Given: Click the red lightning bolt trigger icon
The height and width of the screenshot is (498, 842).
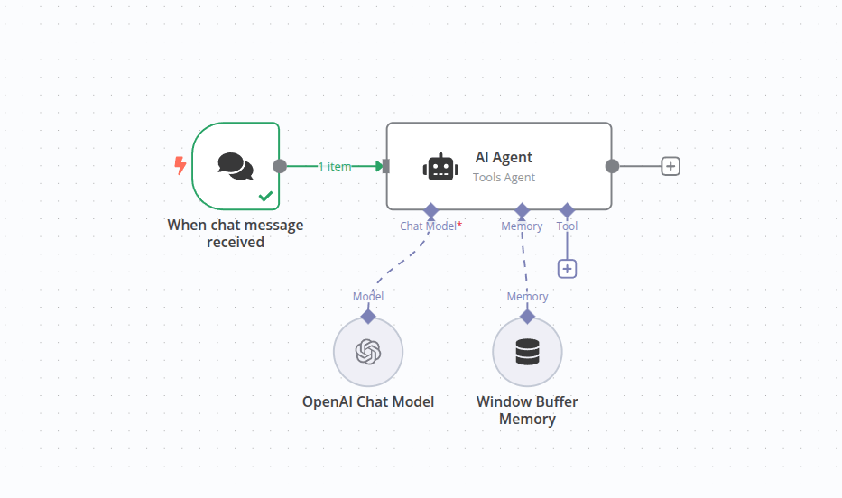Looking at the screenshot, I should tap(180, 166).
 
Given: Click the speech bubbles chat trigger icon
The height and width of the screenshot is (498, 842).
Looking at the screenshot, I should tap(236, 166).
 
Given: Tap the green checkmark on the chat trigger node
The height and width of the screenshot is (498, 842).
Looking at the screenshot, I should tap(265, 195).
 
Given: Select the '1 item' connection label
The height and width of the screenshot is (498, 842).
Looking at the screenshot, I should tap(334, 166).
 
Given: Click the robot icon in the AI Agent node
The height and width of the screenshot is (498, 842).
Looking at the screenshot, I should tap(440, 167).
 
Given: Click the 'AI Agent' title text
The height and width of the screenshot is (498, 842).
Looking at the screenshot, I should tap(504, 157).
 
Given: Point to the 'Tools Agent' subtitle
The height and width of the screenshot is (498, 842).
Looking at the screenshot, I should tap(504, 178).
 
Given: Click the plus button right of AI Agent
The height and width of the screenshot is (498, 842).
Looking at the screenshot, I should tap(670, 166).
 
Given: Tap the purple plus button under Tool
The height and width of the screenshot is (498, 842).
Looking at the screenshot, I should tap(567, 268).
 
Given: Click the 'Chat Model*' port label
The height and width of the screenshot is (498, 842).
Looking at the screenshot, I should tap(430, 226).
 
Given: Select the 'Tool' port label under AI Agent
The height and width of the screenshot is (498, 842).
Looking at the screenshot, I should tap(567, 226).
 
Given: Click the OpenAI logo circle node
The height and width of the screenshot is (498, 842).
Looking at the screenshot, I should tap(367, 351).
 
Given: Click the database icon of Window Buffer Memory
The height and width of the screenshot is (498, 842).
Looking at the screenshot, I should tap(527, 351).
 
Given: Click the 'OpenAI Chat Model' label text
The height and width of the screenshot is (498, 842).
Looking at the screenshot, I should tap(368, 401).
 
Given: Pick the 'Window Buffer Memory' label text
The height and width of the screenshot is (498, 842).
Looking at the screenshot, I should tap(527, 410).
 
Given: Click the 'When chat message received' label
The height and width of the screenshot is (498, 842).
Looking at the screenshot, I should tap(236, 233).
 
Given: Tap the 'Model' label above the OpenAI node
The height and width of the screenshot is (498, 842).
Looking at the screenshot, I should tap(368, 296).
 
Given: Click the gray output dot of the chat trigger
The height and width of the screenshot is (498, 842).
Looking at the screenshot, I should tap(280, 166).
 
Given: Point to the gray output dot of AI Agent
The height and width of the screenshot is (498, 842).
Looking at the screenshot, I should tap(612, 166).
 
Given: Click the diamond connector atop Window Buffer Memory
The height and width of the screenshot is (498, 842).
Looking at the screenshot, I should tap(527, 316).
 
